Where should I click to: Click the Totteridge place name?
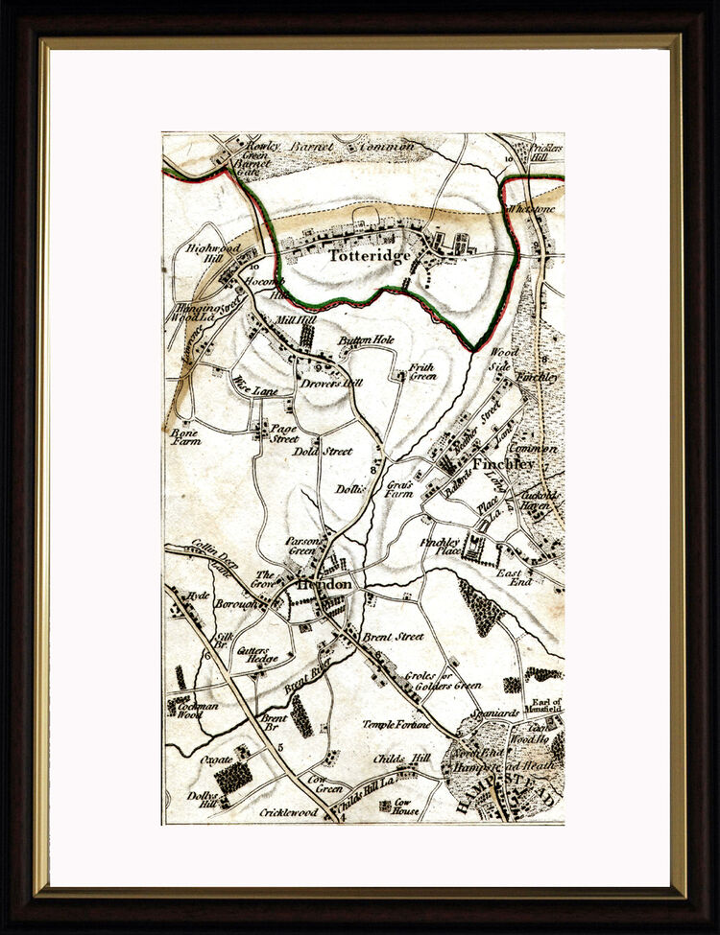pyautogui.click(x=371, y=256)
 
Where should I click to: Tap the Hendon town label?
pyautogui.click(x=324, y=584)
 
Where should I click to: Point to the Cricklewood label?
pyautogui.click(x=289, y=812)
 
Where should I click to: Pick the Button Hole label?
pyautogui.click(x=366, y=339)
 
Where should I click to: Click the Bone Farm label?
pyautogui.click(x=184, y=437)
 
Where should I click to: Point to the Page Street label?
pyautogui.click(x=283, y=433)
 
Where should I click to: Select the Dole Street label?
pyautogui.click(x=323, y=451)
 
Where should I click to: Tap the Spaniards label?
pyautogui.click(x=497, y=713)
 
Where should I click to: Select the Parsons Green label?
pyautogui.click(x=301, y=546)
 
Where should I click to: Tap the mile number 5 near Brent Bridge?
pyautogui.click(x=279, y=747)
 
